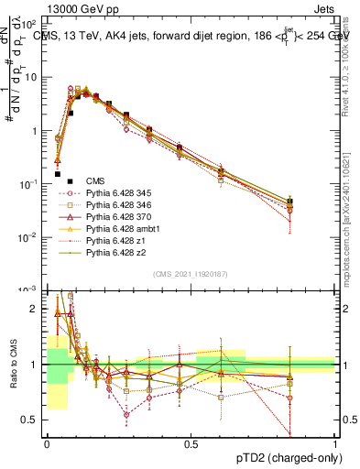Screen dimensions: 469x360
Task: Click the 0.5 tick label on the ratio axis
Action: (32, 420)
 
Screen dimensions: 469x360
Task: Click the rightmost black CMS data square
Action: (290, 202)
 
